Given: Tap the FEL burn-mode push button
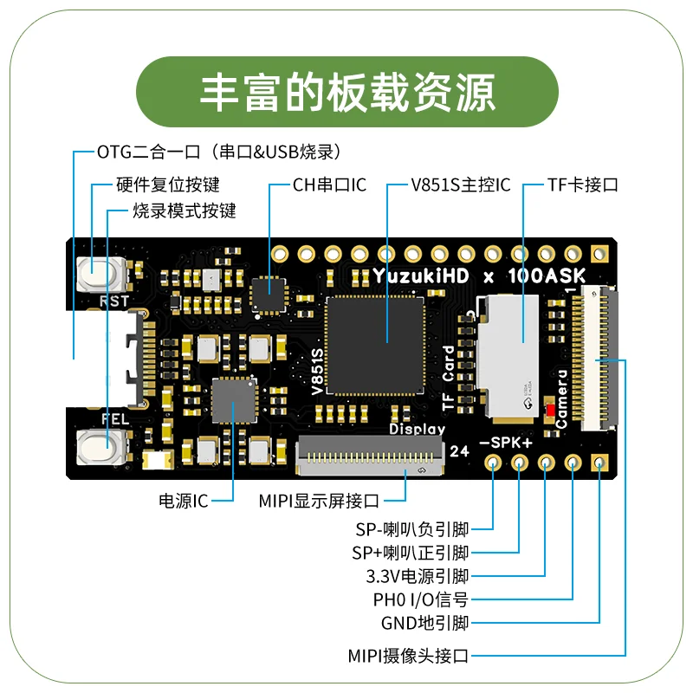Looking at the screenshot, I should (x=101, y=448).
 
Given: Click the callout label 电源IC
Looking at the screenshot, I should (x=183, y=501).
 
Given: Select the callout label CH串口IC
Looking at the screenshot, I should (x=329, y=185).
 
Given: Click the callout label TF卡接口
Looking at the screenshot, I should (x=583, y=185).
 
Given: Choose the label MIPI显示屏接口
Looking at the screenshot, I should (x=320, y=501).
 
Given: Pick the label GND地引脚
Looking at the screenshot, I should (x=424, y=623).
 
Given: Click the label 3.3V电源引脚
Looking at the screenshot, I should (x=418, y=576).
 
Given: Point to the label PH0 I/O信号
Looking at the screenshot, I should (x=420, y=599).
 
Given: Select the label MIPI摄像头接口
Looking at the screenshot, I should (x=408, y=655).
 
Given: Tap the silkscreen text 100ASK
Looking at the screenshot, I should (x=545, y=275).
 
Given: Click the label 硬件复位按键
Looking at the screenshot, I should (x=168, y=185).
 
